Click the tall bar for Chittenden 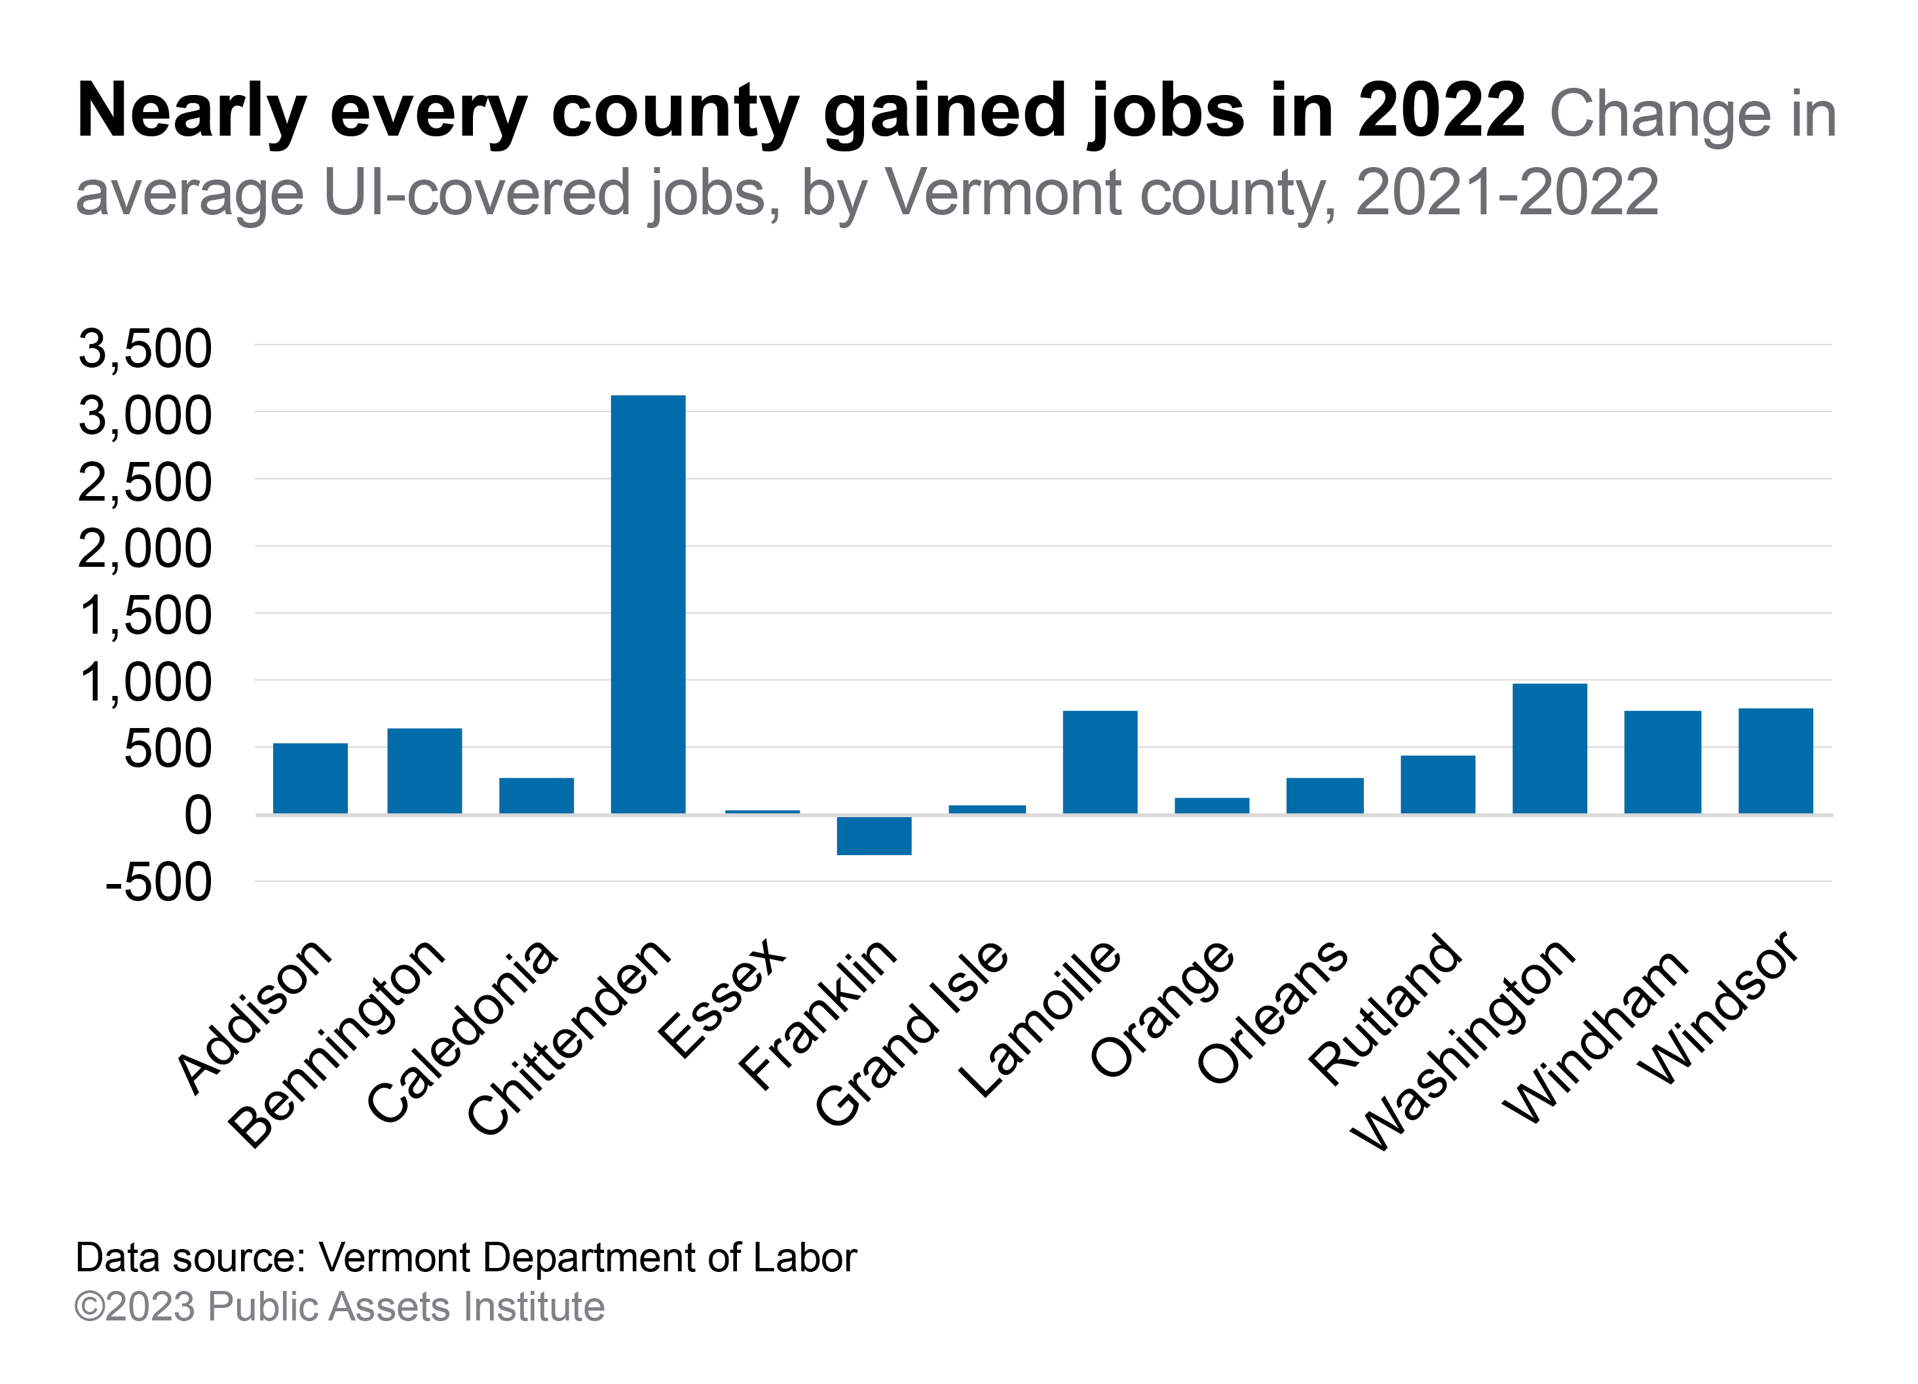(648, 604)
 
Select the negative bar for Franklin (874, 836)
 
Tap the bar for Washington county (1549, 748)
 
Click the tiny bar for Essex (762, 812)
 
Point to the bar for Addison (310, 778)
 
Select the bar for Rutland (1438, 784)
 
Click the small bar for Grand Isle (987, 809)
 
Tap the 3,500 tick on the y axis (145, 349)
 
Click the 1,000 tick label (145, 683)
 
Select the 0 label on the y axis (198, 817)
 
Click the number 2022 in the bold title (1441, 111)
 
